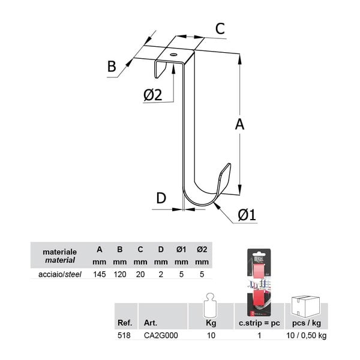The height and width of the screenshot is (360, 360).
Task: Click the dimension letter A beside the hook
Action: [239, 125]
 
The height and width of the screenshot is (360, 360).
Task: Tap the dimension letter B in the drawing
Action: [112, 67]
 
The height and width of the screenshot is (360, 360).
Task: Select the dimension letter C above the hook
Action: [220, 29]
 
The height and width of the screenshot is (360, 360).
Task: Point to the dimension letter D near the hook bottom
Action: [161, 198]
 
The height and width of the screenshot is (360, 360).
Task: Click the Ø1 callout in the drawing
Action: [247, 215]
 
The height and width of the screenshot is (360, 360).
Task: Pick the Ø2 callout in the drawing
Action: [152, 95]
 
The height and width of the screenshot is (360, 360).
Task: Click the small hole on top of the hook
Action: [173, 55]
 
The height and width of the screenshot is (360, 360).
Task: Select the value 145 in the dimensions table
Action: [100, 274]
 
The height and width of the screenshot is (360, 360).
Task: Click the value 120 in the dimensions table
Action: [120, 274]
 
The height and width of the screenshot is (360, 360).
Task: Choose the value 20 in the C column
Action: [140, 274]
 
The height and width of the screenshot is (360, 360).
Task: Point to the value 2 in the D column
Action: [161, 274]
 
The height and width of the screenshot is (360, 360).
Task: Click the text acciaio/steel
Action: [60, 274]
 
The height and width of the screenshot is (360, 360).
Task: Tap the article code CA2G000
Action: [161, 335]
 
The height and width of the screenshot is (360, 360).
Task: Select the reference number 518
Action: [124, 335]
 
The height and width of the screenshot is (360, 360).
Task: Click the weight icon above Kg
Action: [211, 305]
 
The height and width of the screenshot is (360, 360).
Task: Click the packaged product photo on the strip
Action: [259, 282]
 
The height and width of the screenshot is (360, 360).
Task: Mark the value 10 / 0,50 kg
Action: [306, 335]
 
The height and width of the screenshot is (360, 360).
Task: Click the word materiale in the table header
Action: [59, 252]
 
